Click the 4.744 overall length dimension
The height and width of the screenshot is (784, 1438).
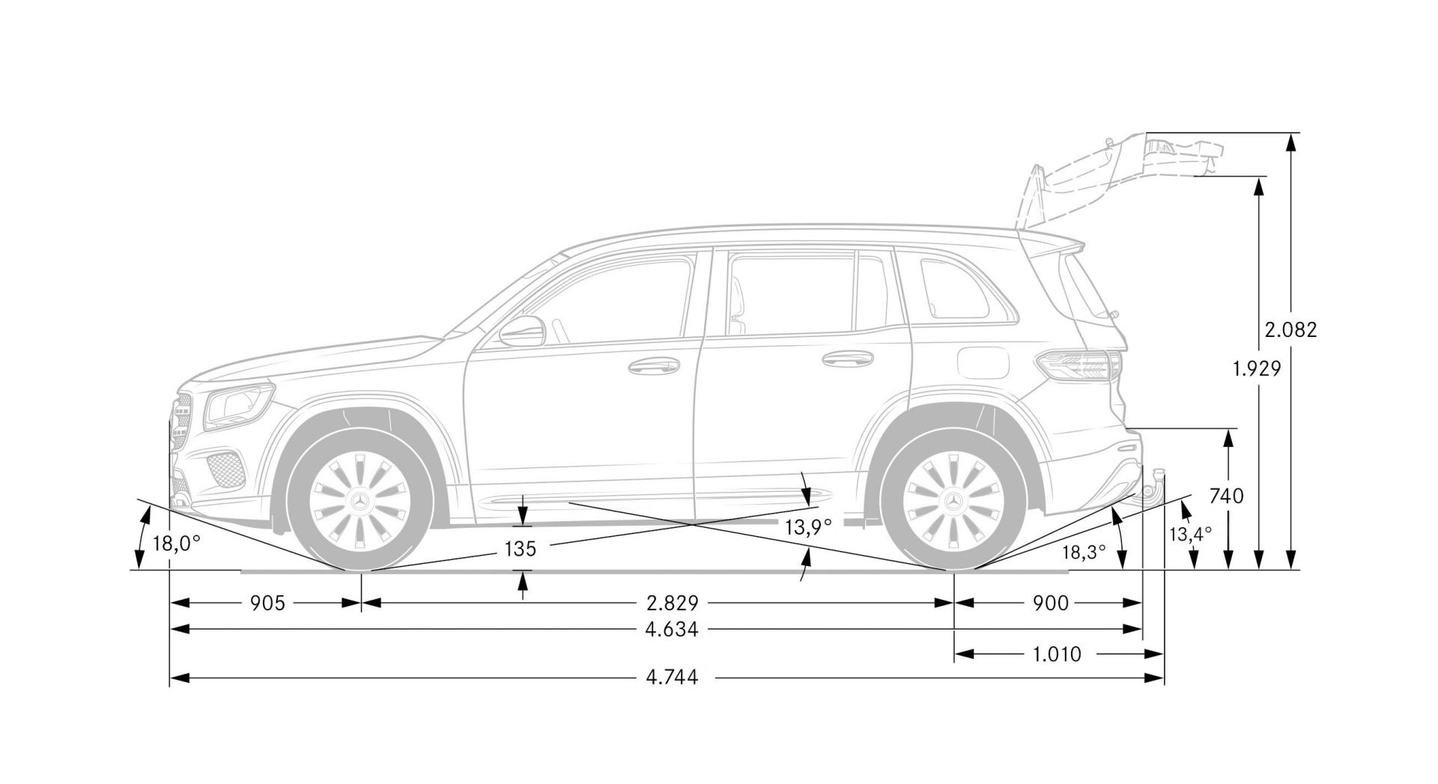pyautogui.click(x=672, y=678)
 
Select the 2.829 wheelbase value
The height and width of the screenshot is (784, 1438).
pyautogui.click(x=673, y=603)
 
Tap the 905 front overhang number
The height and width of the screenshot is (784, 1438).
pyautogui.click(x=267, y=603)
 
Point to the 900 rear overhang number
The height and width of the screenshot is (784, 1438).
pyautogui.click(x=1051, y=603)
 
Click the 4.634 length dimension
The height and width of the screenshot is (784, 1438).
pyautogui.click(x=672, y=630)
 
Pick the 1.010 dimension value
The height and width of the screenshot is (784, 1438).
pyautogui.click(x=1057, y=654)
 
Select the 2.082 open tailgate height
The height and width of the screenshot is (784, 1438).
pyautogui.click(x=1290, y=329)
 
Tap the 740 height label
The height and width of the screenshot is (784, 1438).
pyautogui.click(x=1227, y=496)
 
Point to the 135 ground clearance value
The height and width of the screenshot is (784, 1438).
pyautogui.click(x=521, y=550)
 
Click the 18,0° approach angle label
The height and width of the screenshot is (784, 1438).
pyautogui.click(x=177, y=543)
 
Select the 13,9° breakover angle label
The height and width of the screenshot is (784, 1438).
pyautogui.click(x=808, y=527)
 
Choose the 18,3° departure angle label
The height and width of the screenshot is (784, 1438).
pyautogui.click(x=1084, y=553)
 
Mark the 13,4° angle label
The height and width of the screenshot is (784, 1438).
pyautogui.click(x=1190, y=534)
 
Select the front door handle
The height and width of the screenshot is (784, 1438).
pyautogui.click(x=653, y=366)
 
